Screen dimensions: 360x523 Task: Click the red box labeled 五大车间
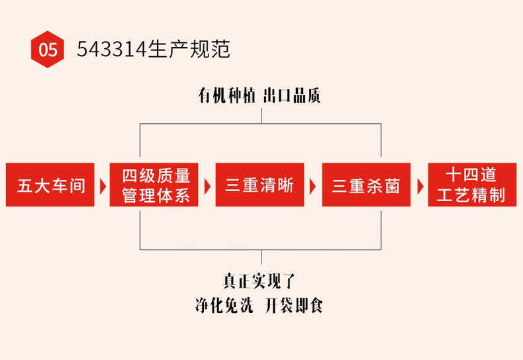click(x=52, y=185)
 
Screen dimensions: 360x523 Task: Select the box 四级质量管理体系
click(x=156, y=185)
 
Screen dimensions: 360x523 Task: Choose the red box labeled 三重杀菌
click(x=366, y=185)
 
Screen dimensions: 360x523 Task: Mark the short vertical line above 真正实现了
click(x=261, y=257)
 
